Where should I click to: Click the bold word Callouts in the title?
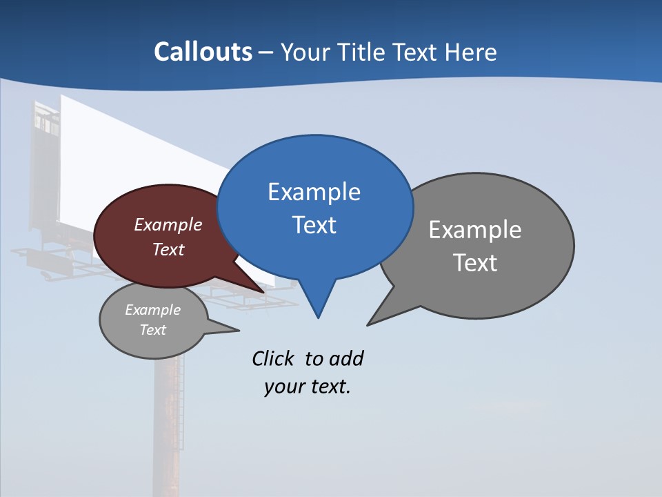(x=203, y=52)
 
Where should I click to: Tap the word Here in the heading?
(x=471, y=52)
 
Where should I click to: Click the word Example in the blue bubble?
(x=314, y=192)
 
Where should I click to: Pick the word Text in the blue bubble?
(x=314, y=225)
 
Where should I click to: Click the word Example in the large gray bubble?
(x=475, y=230)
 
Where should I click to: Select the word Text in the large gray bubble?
(x=475, y=263)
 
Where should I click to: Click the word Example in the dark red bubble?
(x=168, y=225)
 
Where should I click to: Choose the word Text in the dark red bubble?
(x=168, y=250)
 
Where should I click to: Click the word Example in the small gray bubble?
(x=152, y=310)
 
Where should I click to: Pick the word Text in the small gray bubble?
(x=152, y=330)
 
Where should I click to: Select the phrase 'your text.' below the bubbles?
(x=308, y=387)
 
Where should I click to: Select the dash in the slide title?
(x=266, y=52)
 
